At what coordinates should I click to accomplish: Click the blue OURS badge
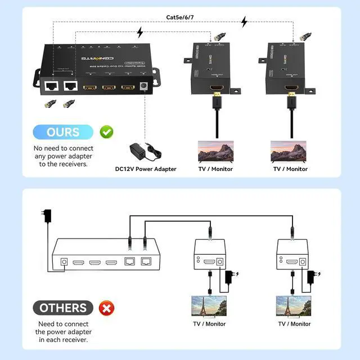[x=63, y=132]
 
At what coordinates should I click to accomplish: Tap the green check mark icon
[x=106, y=132]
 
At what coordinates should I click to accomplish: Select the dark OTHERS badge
[x=63, y=308]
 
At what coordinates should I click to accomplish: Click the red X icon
[x=105, y=308]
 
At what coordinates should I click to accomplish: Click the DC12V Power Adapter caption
[x=146, y=169]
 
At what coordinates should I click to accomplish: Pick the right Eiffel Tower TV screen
[x=291, y=306]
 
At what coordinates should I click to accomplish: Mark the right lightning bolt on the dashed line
[x=244, y=22]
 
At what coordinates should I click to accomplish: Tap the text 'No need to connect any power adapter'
[x=63, y=156]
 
